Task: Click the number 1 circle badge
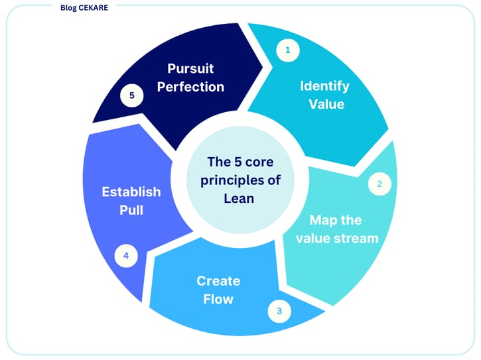288,50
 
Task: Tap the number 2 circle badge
379,184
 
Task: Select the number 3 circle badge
279,311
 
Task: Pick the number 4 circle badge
126,256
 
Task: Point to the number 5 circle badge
132,95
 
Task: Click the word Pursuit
190,68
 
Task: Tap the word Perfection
190,87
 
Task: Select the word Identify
324,86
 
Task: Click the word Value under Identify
326,104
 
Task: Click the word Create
218,281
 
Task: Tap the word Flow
218,299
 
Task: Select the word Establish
131,192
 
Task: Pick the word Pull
131,210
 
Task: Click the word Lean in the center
239,198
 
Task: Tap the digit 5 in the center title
238,162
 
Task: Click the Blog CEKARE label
84,8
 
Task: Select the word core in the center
259,162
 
